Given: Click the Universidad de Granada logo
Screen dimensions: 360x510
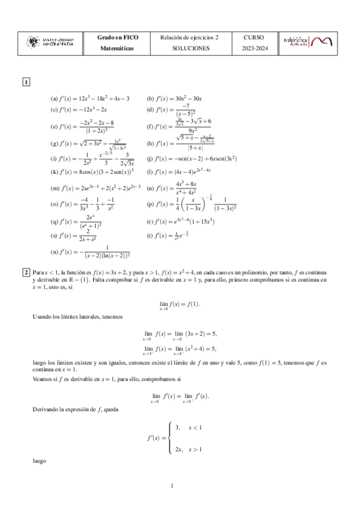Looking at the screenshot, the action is (51, 41).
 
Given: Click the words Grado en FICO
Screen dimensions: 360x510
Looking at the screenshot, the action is (118, 37).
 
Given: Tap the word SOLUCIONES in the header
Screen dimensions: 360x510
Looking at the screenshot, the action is (191, 48).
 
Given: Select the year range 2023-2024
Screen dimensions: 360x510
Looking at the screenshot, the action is (254, 48).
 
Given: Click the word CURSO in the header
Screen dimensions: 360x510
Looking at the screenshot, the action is (254, 37).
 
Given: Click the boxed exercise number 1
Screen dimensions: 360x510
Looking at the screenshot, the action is (26, 82).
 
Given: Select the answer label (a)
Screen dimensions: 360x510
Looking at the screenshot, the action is (54, 99).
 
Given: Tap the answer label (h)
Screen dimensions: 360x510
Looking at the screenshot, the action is (150, 144).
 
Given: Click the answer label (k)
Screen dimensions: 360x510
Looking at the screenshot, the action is (54, 171).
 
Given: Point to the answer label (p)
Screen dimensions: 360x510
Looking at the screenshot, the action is (150, 204).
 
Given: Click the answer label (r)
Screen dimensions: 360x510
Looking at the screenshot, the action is (150, 221).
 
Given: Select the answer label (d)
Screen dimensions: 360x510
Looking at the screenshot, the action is (150, 110).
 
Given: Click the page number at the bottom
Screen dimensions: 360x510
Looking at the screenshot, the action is (172, 485).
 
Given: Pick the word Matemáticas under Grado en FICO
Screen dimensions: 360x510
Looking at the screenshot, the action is (118, 48).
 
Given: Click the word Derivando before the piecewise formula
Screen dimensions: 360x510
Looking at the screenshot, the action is (46, 409).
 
